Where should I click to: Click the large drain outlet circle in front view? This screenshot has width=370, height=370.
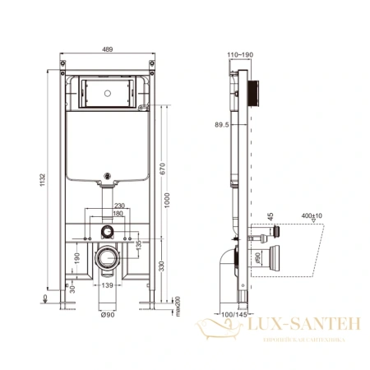click(109, 257)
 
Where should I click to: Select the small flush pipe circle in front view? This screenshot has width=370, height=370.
click(108, 231)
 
